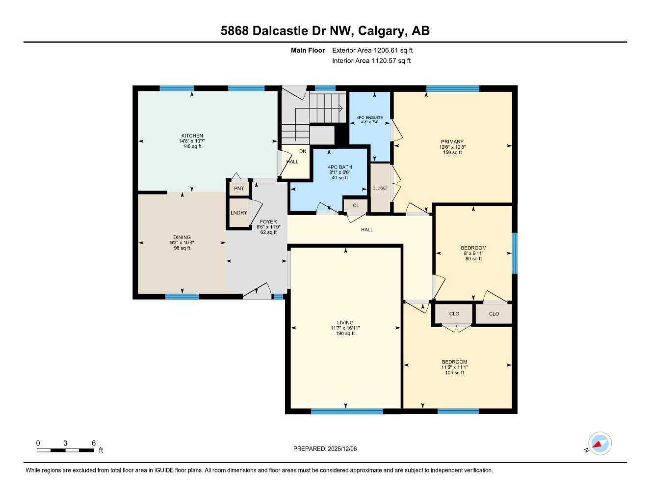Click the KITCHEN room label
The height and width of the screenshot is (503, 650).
tap(192, 136)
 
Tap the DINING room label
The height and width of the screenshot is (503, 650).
tap(182, 237)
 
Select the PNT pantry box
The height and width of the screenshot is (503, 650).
tap(239, 189)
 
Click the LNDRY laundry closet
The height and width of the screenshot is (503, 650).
tap(239, 213)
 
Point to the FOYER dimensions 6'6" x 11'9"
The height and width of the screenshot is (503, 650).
tap(268, 227)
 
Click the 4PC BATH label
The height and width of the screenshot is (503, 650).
tap(339, 167)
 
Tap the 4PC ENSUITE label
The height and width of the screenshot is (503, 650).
tap(369, 118)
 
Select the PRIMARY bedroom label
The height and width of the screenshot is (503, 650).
tap(452, 141)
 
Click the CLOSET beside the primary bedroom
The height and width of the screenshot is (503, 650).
tap(380, 188)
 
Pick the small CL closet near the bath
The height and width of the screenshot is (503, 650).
tap(356, 205)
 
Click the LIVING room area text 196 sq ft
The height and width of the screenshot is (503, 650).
tap(345, 334)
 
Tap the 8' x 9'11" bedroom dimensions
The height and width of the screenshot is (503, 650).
tap(473, 253)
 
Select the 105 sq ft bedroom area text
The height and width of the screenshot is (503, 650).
tap(454, 373)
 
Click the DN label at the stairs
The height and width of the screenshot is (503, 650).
tap(303, 151)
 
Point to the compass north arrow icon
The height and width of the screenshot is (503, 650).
tap(599, 444)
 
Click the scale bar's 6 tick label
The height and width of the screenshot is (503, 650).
tap(94, 443)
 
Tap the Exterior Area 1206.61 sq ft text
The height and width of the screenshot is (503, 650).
tap(372, 50)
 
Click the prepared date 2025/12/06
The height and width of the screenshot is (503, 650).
tap(342, 448)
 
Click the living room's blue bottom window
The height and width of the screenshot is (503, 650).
tap(347, 411)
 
